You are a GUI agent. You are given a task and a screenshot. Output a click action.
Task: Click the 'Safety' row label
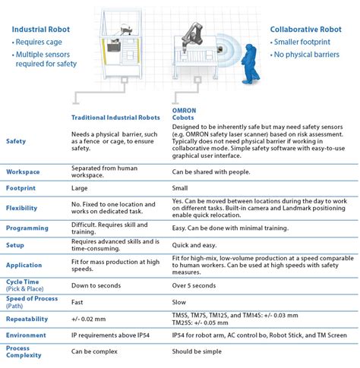(16, 141)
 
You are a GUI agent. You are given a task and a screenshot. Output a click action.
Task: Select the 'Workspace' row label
(23, 171)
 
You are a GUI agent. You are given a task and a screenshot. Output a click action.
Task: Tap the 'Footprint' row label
(21, 188)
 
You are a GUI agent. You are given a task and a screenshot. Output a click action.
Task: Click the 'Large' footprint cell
(81, 187)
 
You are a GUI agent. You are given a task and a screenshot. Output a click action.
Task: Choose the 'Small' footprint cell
(181, 187)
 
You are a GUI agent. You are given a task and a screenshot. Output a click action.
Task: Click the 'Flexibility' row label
(21, 208)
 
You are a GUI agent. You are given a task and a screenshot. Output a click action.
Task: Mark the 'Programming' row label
(27, 228)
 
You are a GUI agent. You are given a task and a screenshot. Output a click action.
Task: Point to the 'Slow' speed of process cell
(180, 301)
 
